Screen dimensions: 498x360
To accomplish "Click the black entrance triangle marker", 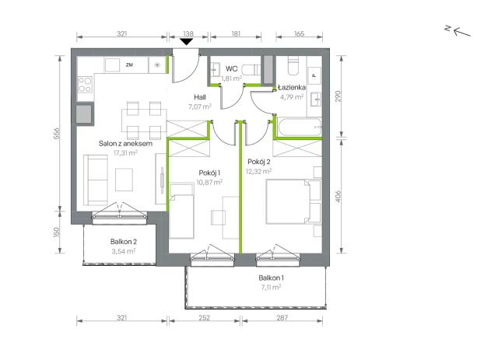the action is [186, 41].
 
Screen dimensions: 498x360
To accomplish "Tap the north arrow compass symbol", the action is [458, 31].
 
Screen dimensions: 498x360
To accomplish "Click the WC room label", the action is [232, 69].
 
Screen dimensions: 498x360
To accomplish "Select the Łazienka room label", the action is [292, 87].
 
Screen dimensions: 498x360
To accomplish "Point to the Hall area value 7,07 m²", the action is [200, 107].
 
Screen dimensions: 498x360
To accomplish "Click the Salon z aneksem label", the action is [125, 144].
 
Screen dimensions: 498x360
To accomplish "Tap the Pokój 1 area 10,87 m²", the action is [209, 182].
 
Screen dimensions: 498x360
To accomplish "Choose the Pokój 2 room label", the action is [259, 162].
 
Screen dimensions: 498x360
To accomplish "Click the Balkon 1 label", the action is [272, 278].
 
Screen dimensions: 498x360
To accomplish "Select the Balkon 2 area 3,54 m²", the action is [124, 251].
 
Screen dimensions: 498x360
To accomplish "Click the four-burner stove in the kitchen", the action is [85, 85].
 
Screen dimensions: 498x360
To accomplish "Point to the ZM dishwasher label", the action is [129, 65].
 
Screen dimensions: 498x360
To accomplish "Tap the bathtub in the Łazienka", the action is [300, 128].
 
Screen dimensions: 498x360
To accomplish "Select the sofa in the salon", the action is [96, 180].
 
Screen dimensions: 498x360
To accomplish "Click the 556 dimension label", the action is [57, 133].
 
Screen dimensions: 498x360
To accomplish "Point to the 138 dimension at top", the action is [188, 33].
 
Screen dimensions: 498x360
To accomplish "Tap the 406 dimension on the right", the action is [338, 196].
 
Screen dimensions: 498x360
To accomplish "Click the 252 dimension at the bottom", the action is [204, 317].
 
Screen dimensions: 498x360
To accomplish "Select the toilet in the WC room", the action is [251, 69].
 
